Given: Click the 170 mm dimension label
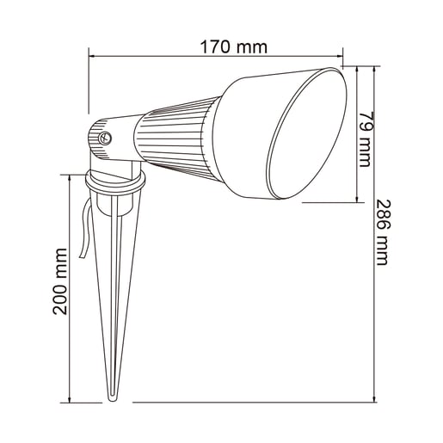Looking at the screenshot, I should tap(234, 46).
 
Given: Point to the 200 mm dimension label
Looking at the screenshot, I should tap(60, 281).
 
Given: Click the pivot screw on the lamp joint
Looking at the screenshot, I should tap(108, 136).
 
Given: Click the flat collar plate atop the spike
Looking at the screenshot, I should tap(117, 184).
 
